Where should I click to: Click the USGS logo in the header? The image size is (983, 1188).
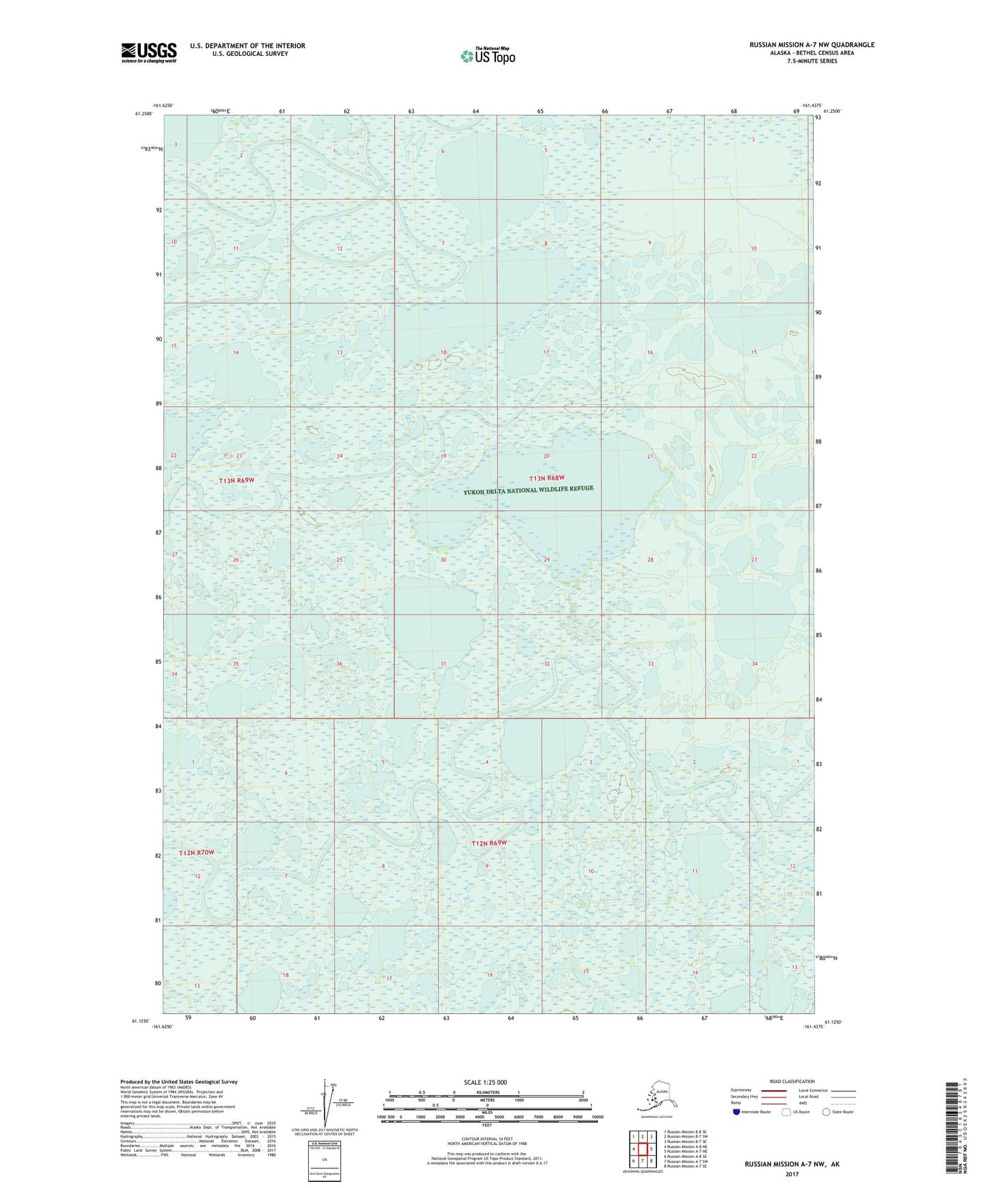148,52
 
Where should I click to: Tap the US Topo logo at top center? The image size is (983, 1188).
488,55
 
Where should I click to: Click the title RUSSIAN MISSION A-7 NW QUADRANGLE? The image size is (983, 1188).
812,45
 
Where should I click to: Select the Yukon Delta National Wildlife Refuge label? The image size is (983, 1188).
529,490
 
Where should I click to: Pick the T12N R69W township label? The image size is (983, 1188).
489,843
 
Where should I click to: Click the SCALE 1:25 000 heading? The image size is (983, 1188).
485,1082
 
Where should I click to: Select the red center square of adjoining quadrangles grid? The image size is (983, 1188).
642,1149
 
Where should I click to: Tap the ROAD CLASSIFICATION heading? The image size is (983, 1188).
793,1081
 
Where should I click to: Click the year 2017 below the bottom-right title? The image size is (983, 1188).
791,1174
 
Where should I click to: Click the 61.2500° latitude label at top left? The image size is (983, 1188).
143,114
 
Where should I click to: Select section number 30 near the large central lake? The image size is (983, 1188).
443,559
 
